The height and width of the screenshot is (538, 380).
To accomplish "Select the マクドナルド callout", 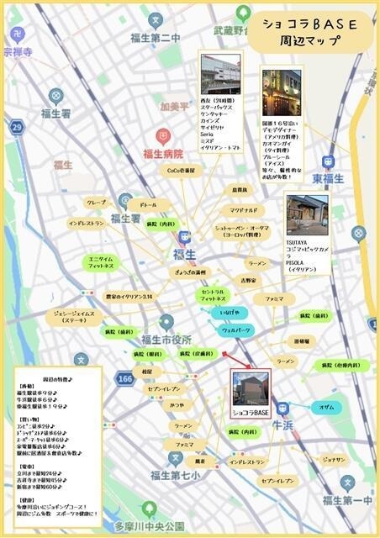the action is point(248,209).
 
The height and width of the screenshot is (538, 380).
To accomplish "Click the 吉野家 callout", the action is point(249,280).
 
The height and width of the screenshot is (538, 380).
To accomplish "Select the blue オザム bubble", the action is point(327,407).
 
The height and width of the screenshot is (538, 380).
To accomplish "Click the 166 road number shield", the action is point(125,380).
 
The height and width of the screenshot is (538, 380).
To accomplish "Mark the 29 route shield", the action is point(16,126).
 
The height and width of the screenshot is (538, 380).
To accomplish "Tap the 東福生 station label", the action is point(329,179).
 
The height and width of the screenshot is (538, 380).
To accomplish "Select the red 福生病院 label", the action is point(162,154).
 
